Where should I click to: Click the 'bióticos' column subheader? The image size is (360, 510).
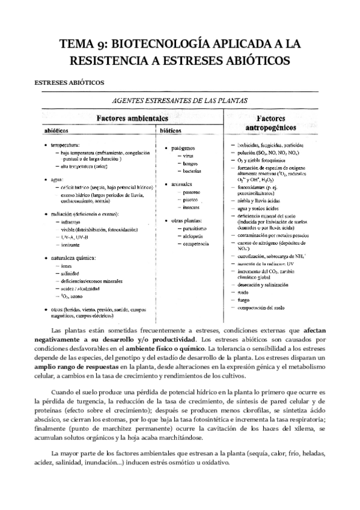click(x=171, y=129)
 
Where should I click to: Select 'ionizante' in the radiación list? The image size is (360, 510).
click(x=71, y=245)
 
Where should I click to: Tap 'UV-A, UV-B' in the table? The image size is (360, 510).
click(x=75, y=238)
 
